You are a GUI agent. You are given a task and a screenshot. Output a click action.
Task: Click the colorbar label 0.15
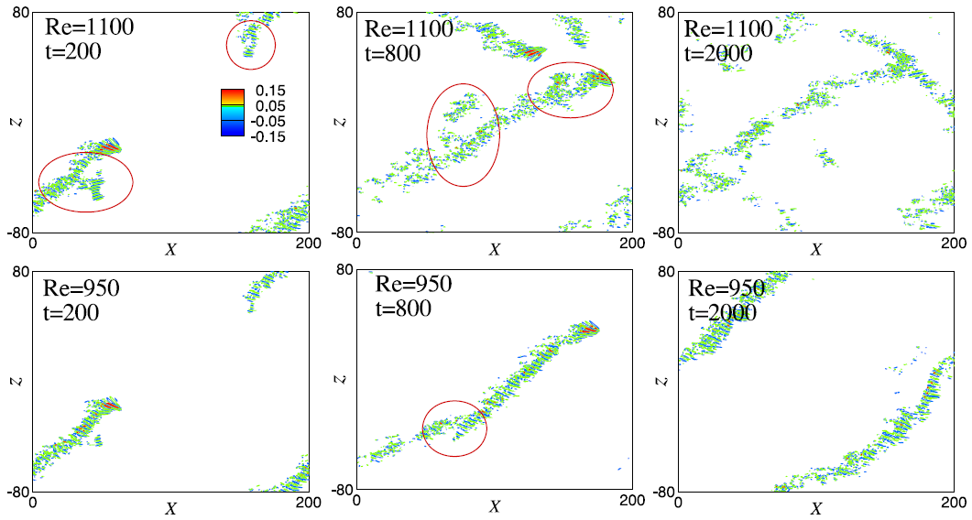(271, 92)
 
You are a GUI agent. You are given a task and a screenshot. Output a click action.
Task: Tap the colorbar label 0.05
(271, 106)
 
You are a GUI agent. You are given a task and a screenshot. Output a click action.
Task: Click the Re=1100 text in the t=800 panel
(409, 29)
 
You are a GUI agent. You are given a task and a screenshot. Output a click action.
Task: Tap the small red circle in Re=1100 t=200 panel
(250, 43)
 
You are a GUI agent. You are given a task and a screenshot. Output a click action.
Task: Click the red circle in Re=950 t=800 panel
(454, 428)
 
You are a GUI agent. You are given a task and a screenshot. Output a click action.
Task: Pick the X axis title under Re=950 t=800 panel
(494, 506)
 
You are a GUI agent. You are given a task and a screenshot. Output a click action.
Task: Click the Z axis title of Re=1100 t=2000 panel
(661, 122)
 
